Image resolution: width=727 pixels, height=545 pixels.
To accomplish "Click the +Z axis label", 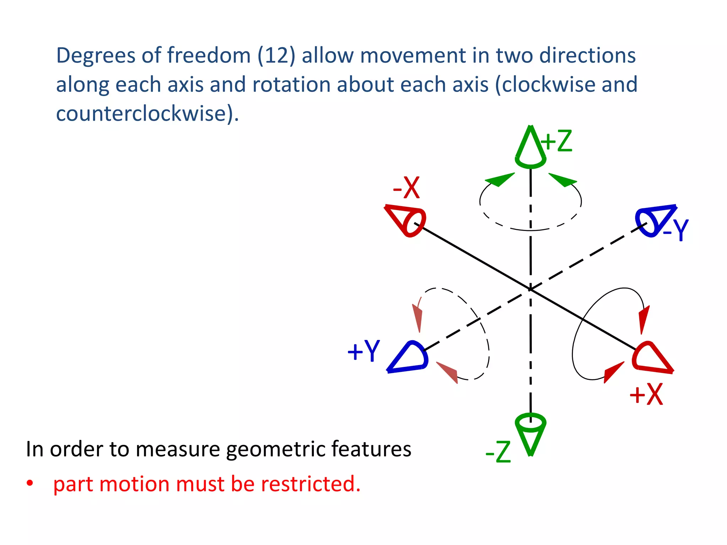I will pyautogui.click(x=557, y=141).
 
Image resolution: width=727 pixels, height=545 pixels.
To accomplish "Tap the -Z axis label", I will pyautogui.click(x=498, y=452).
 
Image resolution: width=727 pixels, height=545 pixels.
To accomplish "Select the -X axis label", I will pyautogui.click(x=406, y=188).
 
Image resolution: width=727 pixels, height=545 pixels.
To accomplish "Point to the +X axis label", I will pyautogui.click(x=646, y=394).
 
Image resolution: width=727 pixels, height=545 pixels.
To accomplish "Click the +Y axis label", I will pyautogui.click(x=363, y=351).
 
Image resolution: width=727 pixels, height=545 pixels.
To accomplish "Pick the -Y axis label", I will pyautogui.click(x=676, y=230).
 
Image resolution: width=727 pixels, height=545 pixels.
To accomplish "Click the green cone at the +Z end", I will pyautogui.click(x=530, y=149).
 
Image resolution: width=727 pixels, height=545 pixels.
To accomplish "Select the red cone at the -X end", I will pyautogui.click(x=407, y=220).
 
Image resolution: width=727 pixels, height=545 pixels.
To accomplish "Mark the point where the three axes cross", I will pyautogui.click(x=530, y=289).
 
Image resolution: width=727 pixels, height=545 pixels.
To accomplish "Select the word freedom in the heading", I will pyautogui.click(x=209, y=56).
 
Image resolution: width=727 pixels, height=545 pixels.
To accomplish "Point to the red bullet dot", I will pyautogui.click(x=30, y=483).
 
